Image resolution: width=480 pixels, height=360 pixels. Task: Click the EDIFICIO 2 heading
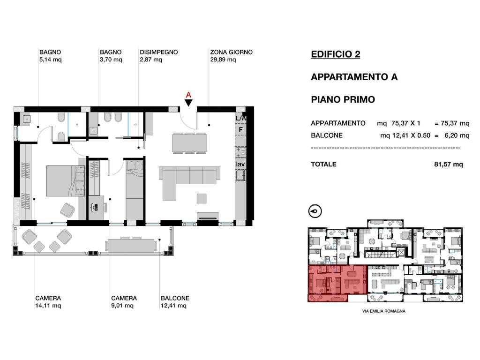[336, 54]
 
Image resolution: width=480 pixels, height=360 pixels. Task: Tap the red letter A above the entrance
[188, 94]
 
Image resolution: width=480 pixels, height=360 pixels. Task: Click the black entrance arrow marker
[188, 103]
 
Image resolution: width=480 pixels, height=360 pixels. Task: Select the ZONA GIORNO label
[232, 52]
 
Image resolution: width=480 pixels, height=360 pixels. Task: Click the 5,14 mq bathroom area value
[50, 60]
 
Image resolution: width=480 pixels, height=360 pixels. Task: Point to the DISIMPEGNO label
[158, 52]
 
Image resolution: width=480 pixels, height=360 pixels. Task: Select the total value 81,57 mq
[449, 165]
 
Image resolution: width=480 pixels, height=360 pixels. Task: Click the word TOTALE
[323, 165]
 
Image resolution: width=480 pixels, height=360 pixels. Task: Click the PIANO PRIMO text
[343, 100]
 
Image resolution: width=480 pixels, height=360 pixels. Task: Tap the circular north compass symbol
[315, 211]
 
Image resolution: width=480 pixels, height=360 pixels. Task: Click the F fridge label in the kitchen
[241, 129]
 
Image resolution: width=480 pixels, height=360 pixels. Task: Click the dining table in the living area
[189, 143]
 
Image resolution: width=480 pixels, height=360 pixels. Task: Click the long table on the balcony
[130, 245]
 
